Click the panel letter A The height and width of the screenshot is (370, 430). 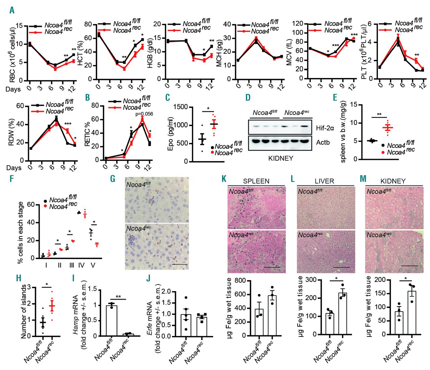12,10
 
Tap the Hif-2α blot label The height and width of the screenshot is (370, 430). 325,128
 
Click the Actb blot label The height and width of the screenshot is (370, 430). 323,142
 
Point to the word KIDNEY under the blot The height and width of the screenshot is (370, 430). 281,158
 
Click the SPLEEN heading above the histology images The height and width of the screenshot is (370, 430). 256,181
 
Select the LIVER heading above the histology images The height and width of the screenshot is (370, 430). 324,181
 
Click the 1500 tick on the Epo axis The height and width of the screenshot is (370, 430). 181,107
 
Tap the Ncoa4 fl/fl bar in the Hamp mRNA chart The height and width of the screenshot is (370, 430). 112,321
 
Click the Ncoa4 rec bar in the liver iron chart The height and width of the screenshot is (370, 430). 342,313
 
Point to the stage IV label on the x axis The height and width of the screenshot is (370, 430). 81,265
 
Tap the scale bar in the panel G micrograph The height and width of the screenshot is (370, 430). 180,264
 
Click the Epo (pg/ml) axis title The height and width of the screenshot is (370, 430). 170,134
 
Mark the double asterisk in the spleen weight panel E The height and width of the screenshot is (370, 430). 379,115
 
